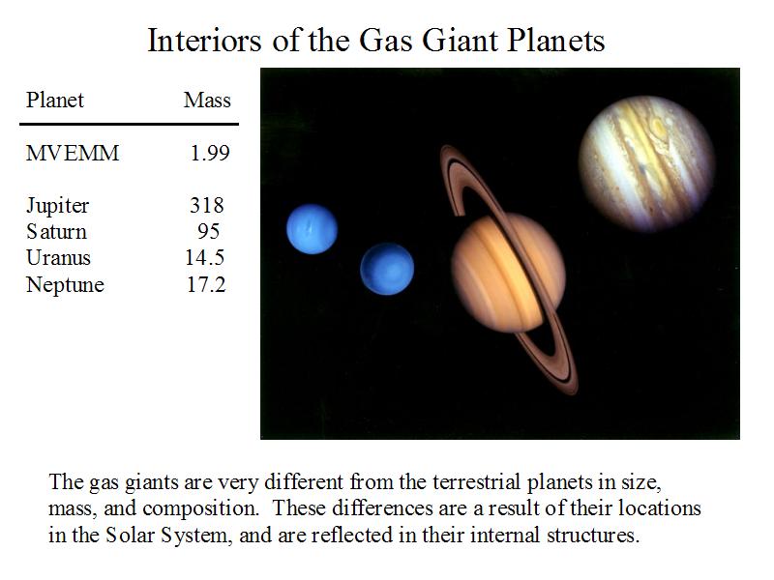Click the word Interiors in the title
pos(204,41)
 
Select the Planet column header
pos(55,101)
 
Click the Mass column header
pos(207,101)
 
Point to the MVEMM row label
pos(73,153)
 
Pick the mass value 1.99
pos(210,153)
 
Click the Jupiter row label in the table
pos(58,206)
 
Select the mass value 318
pos(207,205)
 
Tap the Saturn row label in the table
pos(57,232)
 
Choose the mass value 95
pos(208,231)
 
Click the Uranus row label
pos(58,258)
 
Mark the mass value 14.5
pos(205,257)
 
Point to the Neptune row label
pos(65,285)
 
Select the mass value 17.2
pos(206,284)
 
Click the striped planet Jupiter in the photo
pos(647,163)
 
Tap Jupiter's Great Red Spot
pos(659,130)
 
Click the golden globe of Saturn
pos(509,273)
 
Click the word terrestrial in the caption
pos(476,481)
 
